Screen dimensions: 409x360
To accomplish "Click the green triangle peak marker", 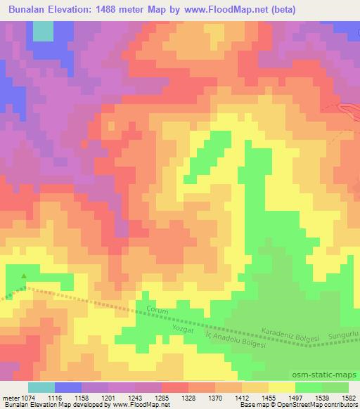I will (24, 276).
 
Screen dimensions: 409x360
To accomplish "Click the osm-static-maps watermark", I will (331, 374).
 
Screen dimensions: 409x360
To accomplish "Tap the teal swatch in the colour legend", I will (41, 387).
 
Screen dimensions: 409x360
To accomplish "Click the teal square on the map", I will (42, 31).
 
